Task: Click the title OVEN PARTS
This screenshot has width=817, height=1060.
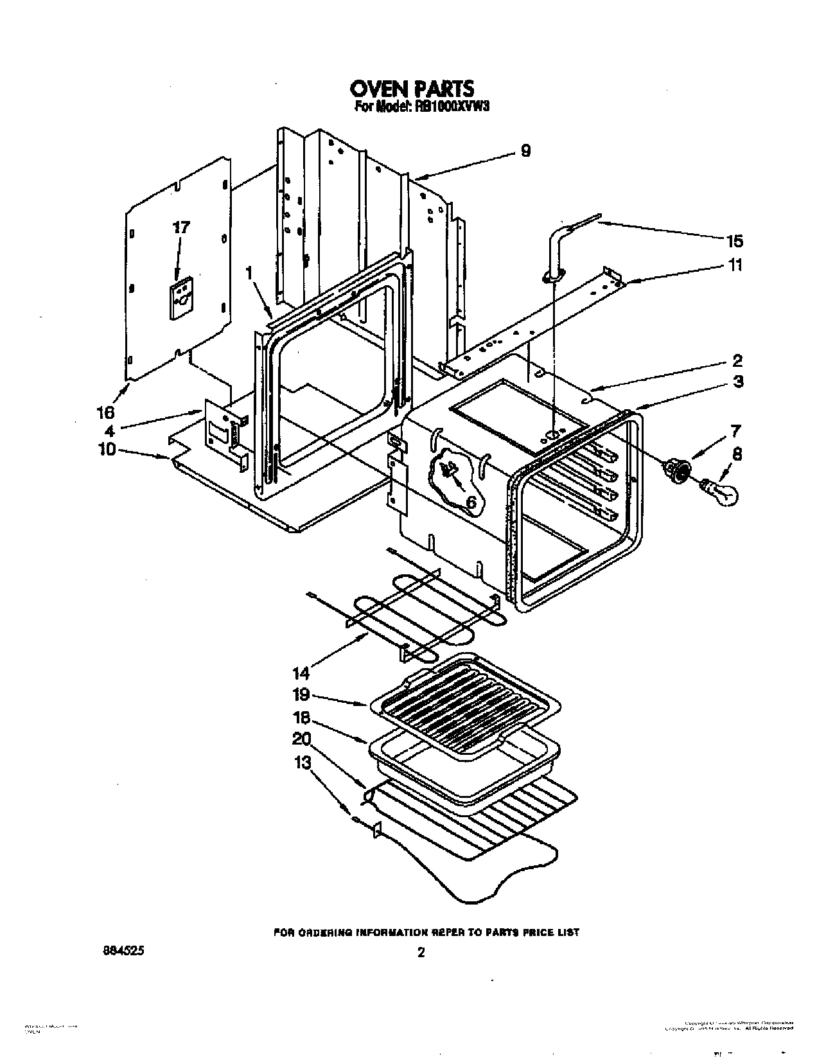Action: pos(412,88)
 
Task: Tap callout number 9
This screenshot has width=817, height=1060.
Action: pos(525,151)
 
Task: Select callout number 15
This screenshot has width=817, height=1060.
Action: pos(734,241)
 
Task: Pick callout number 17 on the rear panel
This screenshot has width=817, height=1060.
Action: pos(182,227)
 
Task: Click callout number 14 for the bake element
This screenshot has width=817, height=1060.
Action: pos(301,673)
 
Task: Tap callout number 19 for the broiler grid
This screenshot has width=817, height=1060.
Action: pos(301,694)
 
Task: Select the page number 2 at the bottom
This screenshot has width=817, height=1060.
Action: pos(421,953)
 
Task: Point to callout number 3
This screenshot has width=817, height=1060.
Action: pos(737,382)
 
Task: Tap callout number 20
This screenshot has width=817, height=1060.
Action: pos(301,739)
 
